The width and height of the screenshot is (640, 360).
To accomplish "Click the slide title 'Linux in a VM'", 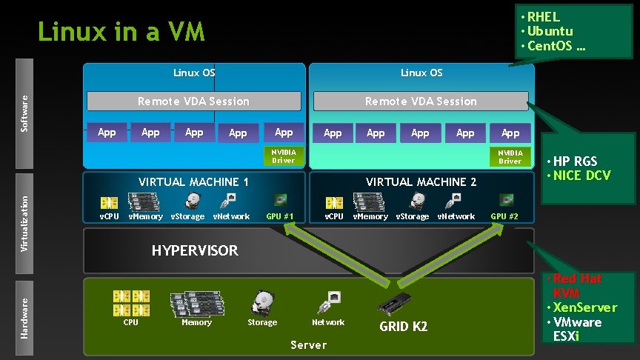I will click(x=121, y=33).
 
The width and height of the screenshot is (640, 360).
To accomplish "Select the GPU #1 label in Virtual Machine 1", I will click(x=279, y=216).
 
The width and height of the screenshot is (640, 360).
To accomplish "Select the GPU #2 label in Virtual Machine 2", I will click(x=504, y=216).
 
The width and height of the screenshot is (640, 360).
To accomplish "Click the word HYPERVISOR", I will click(x=195, y=250).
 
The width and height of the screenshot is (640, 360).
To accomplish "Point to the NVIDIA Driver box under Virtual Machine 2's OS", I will click(x=510, y=156).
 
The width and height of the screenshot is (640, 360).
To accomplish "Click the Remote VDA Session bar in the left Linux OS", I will click(x=194, y=101).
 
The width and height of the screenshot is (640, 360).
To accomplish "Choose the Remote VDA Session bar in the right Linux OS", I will click(x=421, y=101).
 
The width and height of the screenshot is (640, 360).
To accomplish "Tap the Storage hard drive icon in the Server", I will click(x=262, y=301).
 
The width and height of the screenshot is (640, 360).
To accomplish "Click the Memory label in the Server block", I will click(x=196, y=322).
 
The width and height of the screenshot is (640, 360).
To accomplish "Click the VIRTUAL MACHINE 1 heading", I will click(x=194, y=181).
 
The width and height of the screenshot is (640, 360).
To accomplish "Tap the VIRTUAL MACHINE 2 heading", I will click(x=421, y=181).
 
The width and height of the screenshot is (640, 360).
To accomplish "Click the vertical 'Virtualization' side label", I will click(x=24, y=213).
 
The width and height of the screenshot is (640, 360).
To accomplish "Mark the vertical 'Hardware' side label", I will click(x=24, y=318).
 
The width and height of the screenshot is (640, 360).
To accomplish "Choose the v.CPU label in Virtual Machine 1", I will click(x=110, y=216).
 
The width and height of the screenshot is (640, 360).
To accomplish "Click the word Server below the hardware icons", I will click(x=308, y=345).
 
